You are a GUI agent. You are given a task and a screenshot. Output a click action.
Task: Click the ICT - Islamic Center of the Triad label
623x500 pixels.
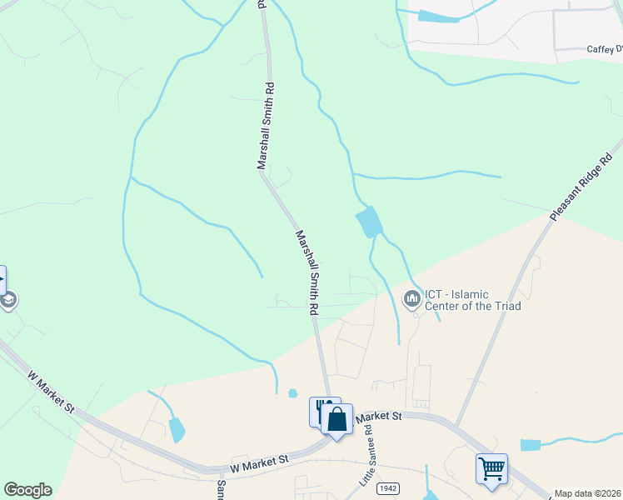click(473, 300)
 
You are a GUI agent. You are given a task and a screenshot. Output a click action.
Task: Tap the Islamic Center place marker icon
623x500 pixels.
click(411, 299)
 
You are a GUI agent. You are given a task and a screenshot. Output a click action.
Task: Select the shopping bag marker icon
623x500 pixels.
click(337, 419)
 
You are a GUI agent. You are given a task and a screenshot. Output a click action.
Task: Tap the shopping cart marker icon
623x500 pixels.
click(491, 468)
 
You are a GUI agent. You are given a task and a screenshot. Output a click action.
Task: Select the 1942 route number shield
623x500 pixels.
click(386, 487)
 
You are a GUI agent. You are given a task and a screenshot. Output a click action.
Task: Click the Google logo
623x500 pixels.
click(27, 490)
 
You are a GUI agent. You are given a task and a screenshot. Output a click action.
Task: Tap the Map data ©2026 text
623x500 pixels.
click(587, 493)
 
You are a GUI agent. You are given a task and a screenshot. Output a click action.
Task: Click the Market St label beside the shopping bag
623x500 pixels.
click(378, 415)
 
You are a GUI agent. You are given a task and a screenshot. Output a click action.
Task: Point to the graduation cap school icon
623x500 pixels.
click(7, 299)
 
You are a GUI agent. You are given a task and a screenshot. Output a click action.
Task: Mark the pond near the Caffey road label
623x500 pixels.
click(437, 16)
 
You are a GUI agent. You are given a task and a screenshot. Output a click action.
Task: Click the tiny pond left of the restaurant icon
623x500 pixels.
click(292, 393)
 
